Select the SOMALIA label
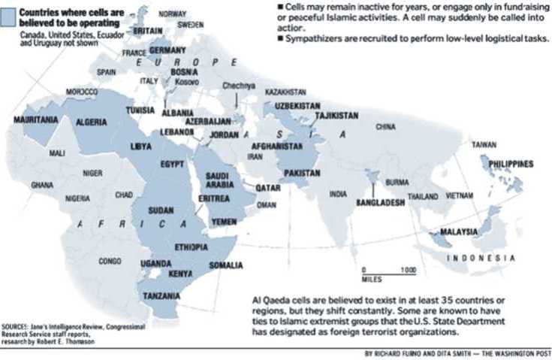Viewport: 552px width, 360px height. click(225, 265)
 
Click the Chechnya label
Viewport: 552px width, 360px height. click(240, 85)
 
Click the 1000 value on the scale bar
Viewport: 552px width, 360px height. click(408, 268)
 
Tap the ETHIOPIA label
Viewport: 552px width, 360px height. click(191, 247)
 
